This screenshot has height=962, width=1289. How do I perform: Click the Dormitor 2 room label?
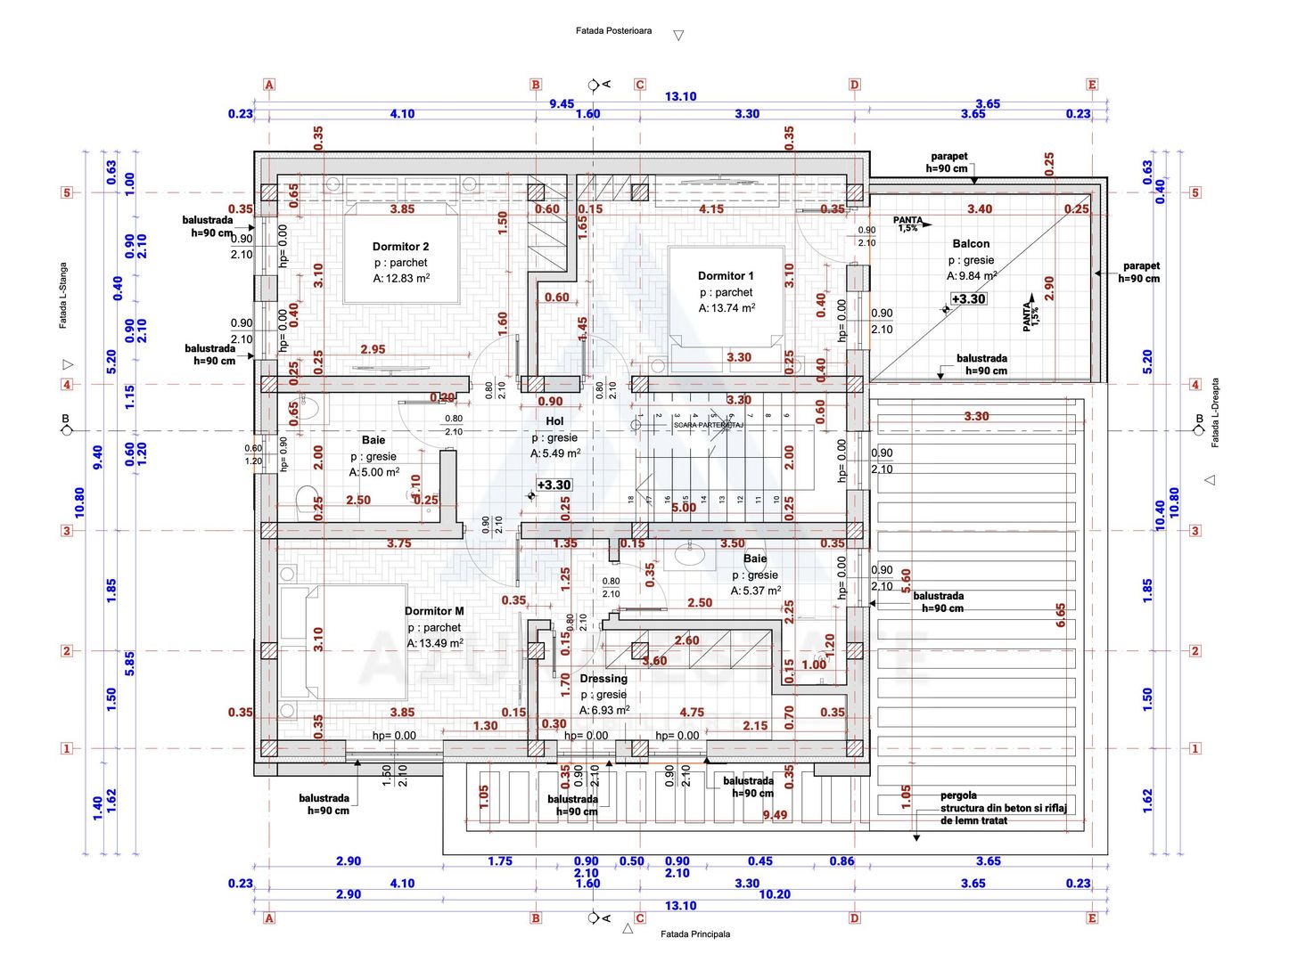point(400,247)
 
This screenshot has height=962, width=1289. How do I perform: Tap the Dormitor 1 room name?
point(726,276)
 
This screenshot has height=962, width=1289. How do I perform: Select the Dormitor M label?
point(434,611)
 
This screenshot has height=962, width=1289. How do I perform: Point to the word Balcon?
point(971,244)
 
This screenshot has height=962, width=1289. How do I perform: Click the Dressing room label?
point(603,679)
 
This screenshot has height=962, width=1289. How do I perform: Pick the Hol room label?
point(554,421)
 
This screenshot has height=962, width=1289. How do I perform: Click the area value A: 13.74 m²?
point(727,308)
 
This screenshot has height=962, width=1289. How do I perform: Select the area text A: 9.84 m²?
point(972,276)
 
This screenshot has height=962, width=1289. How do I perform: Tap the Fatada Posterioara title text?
point(613,31)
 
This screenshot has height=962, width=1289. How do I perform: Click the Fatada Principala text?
point(695,934)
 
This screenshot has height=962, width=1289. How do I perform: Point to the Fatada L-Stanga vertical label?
point(63,296)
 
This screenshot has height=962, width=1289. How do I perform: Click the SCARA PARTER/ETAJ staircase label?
point(709,426)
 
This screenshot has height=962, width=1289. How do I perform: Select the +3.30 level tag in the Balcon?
point(968,299)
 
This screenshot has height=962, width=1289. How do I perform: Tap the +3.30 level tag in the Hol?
point(554,485)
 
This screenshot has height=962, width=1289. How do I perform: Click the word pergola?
point(958,795)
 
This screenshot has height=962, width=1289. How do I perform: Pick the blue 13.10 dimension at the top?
point(680,96)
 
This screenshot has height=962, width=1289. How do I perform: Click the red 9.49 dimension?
point(775,815)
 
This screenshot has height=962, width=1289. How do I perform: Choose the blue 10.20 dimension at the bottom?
point(774,894)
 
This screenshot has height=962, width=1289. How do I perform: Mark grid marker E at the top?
point(1092,85)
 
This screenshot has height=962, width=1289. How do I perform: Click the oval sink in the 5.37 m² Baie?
point(689,556)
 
